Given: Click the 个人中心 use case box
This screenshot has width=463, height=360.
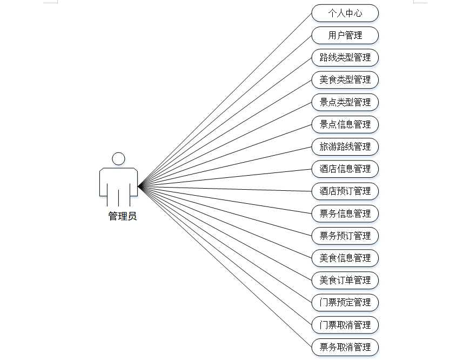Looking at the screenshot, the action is click(x=345, y=13).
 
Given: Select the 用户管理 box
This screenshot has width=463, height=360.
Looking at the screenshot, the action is click(x=345, y=35).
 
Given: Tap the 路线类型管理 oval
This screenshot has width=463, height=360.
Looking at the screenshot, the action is click(x=345, y=57).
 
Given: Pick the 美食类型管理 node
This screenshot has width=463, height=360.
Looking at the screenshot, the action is click(x=345, y=80).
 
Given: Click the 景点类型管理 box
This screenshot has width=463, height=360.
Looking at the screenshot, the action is click(x=345, y=102).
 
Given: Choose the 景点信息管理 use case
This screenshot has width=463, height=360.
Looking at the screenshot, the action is click(x=345, y=124).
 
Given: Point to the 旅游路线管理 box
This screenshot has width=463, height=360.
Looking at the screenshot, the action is click(x=345, y=146).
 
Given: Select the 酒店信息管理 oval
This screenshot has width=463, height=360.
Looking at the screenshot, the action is click(x=345, y=169).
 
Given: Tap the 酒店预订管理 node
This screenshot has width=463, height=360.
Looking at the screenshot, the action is click(x=345, y=191).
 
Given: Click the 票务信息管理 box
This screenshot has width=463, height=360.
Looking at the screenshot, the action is click(x=345, y=214).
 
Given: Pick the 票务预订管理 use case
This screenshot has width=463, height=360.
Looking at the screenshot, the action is click(x=345, y=236).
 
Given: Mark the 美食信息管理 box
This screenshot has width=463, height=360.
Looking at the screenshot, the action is click(x=345, y=258).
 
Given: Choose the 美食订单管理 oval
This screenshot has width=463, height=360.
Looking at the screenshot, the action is click(x=345, y=280).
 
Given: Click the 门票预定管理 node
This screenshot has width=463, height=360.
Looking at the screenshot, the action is click(x=345, y=302).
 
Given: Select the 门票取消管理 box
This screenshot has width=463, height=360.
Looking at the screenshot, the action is click(x=345, y=325).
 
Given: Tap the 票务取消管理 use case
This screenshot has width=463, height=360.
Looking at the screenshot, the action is click(x=345, y=347).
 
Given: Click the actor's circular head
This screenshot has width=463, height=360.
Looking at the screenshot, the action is click(x=118, y=158).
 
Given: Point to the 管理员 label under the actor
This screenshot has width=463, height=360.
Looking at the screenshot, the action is click(x=123, y=216).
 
